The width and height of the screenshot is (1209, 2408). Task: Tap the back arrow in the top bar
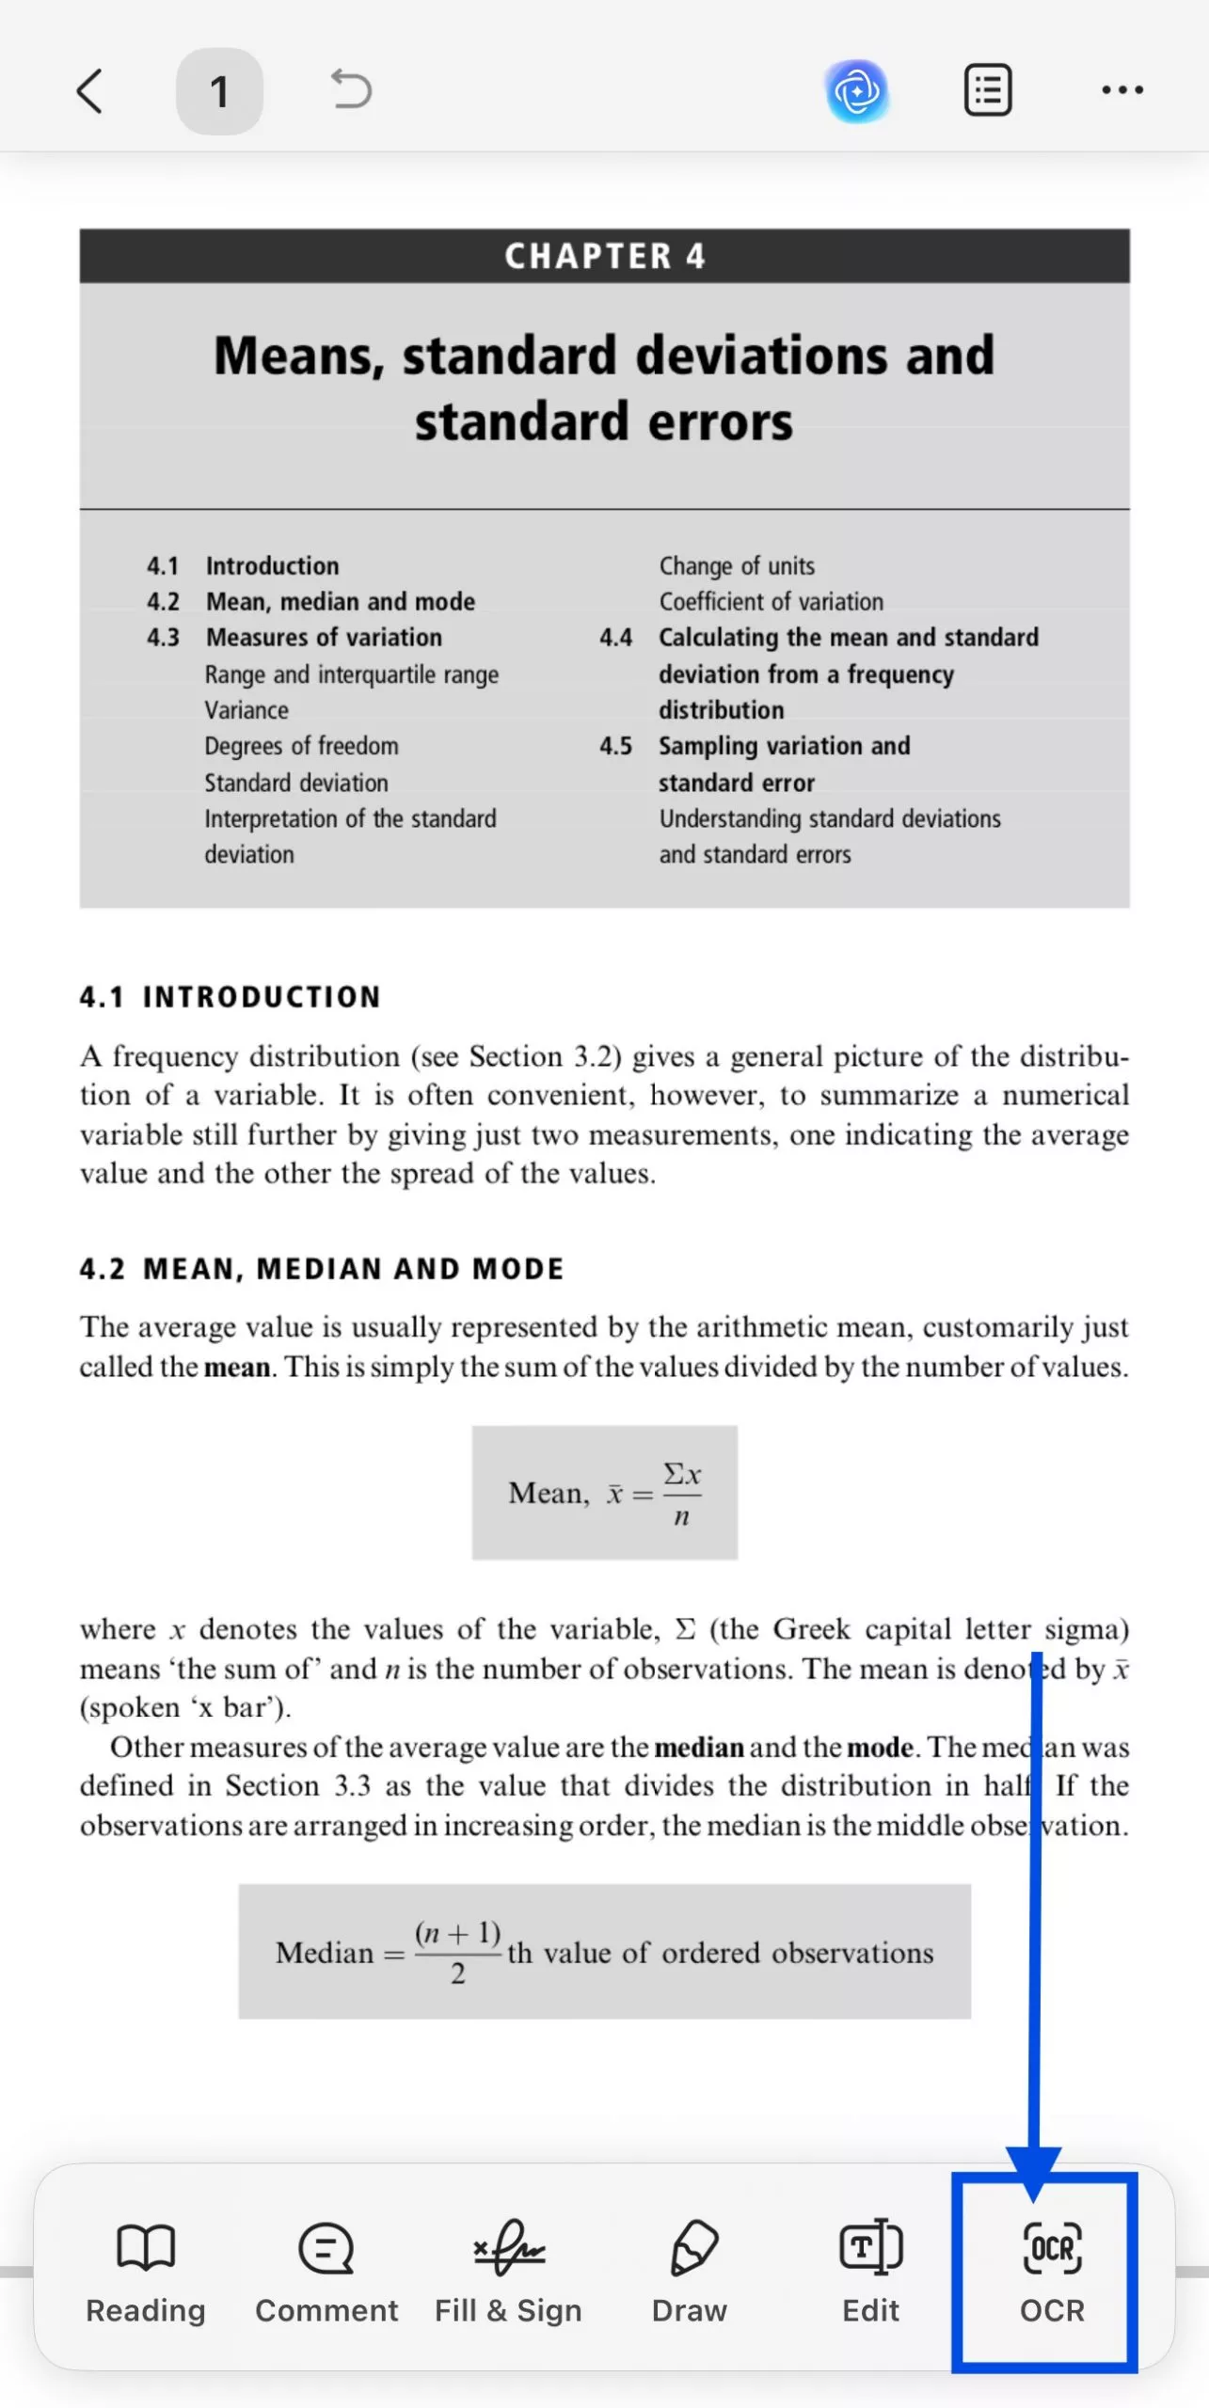89,91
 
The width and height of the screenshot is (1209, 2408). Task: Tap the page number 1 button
219,91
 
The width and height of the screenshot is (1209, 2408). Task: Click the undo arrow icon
352,90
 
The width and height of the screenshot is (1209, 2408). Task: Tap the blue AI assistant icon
857,91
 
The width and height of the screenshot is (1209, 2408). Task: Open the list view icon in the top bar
988,90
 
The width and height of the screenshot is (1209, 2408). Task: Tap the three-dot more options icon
1122,90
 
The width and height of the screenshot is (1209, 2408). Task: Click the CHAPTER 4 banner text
605,256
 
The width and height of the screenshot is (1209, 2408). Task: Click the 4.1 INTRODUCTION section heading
231,997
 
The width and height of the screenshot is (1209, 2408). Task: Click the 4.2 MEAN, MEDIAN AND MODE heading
322,1269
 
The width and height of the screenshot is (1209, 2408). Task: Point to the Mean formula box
605,1493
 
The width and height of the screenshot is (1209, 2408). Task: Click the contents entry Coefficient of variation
772,602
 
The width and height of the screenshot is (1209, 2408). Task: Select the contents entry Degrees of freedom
302,746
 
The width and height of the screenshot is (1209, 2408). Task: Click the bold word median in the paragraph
699,1748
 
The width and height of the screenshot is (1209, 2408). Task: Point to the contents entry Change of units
737,566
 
